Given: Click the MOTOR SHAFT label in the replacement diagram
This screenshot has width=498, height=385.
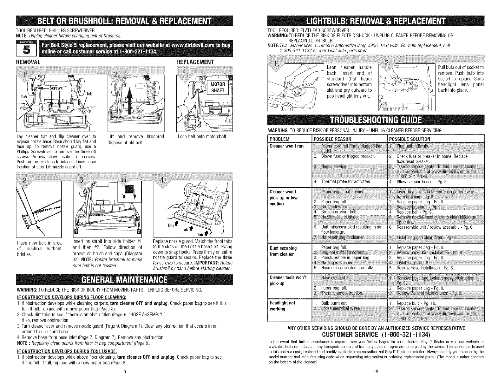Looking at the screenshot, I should pos(218,87).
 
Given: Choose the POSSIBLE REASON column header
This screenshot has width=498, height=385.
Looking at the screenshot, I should pos(332,139).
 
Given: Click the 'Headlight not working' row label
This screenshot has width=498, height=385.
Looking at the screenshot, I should pos(282,306).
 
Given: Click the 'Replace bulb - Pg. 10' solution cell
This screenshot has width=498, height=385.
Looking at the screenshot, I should pos(416,303).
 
